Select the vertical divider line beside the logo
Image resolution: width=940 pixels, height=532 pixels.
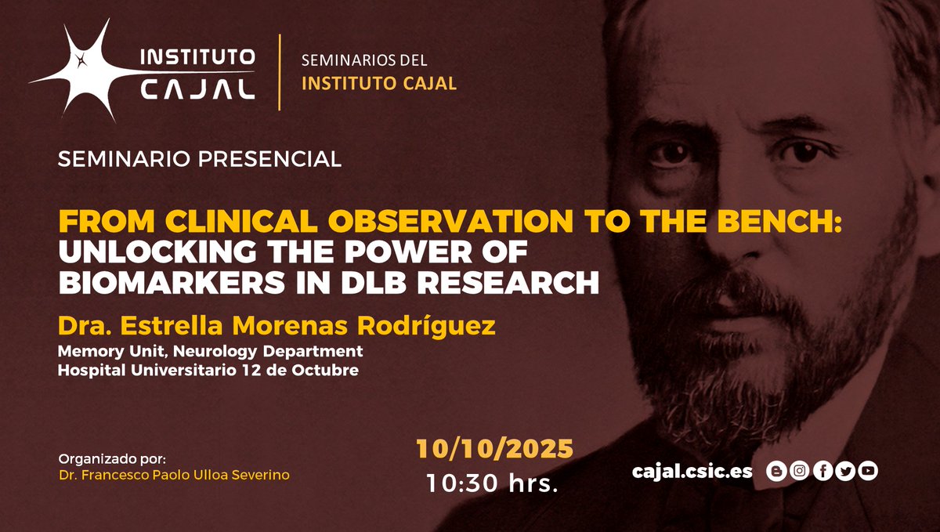[280, 71]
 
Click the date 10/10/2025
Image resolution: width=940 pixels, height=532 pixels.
[494, 449]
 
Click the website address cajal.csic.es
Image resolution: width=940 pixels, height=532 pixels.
[692, 471]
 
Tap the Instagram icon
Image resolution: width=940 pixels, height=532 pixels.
[799, 471]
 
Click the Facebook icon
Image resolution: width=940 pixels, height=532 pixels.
[822, 471]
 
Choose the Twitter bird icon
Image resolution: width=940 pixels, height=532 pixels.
[844, 471]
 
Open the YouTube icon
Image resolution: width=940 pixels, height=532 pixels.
[867, 471]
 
